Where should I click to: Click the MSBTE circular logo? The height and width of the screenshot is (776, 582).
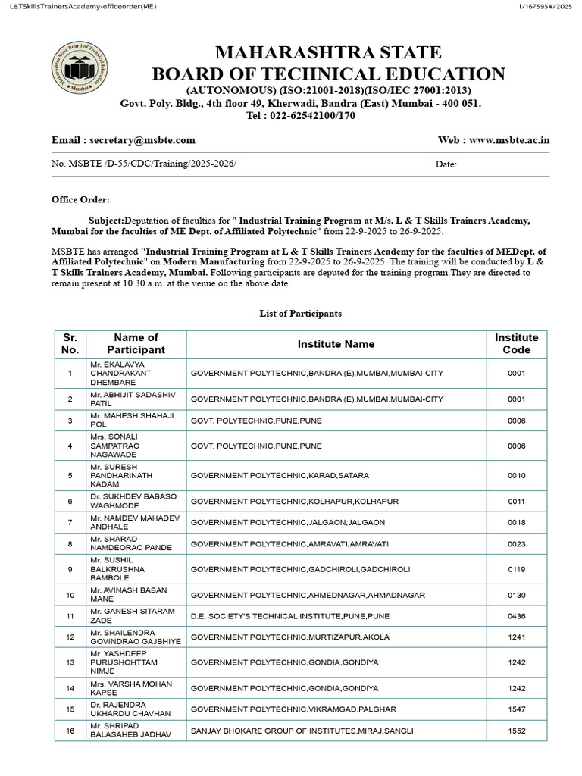[80, 70]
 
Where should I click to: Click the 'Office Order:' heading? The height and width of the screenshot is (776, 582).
[80, 199]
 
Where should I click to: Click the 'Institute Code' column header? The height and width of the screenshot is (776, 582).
[516, 343]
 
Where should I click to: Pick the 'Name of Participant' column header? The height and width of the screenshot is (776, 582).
[136, 343]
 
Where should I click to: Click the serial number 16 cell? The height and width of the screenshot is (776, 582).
[70, 731]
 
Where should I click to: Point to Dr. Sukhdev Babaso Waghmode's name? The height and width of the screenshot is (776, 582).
[133, 501]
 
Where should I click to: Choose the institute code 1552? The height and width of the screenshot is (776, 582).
[516, 731]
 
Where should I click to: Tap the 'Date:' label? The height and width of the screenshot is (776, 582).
[446, 164]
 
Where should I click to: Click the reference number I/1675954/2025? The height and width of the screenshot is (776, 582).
[546, 7]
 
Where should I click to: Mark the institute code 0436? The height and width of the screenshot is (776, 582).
[516, 617]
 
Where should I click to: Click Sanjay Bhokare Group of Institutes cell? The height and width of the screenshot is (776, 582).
[302, 731]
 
